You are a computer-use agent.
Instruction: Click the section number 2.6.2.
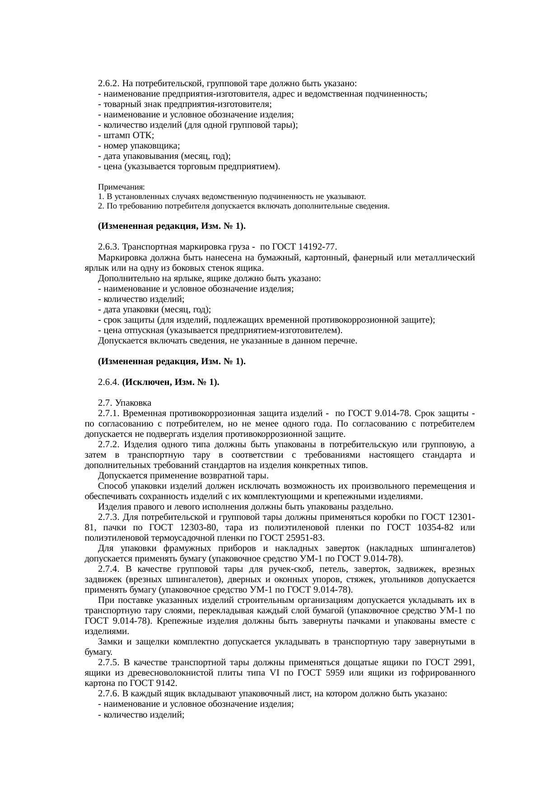[109, 84]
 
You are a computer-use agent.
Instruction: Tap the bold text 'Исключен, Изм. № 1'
[170, 382]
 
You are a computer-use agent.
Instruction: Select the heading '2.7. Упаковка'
[124, 403]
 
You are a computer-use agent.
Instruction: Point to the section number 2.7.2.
[109, 445]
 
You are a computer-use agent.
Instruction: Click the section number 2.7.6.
[109, 694]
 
